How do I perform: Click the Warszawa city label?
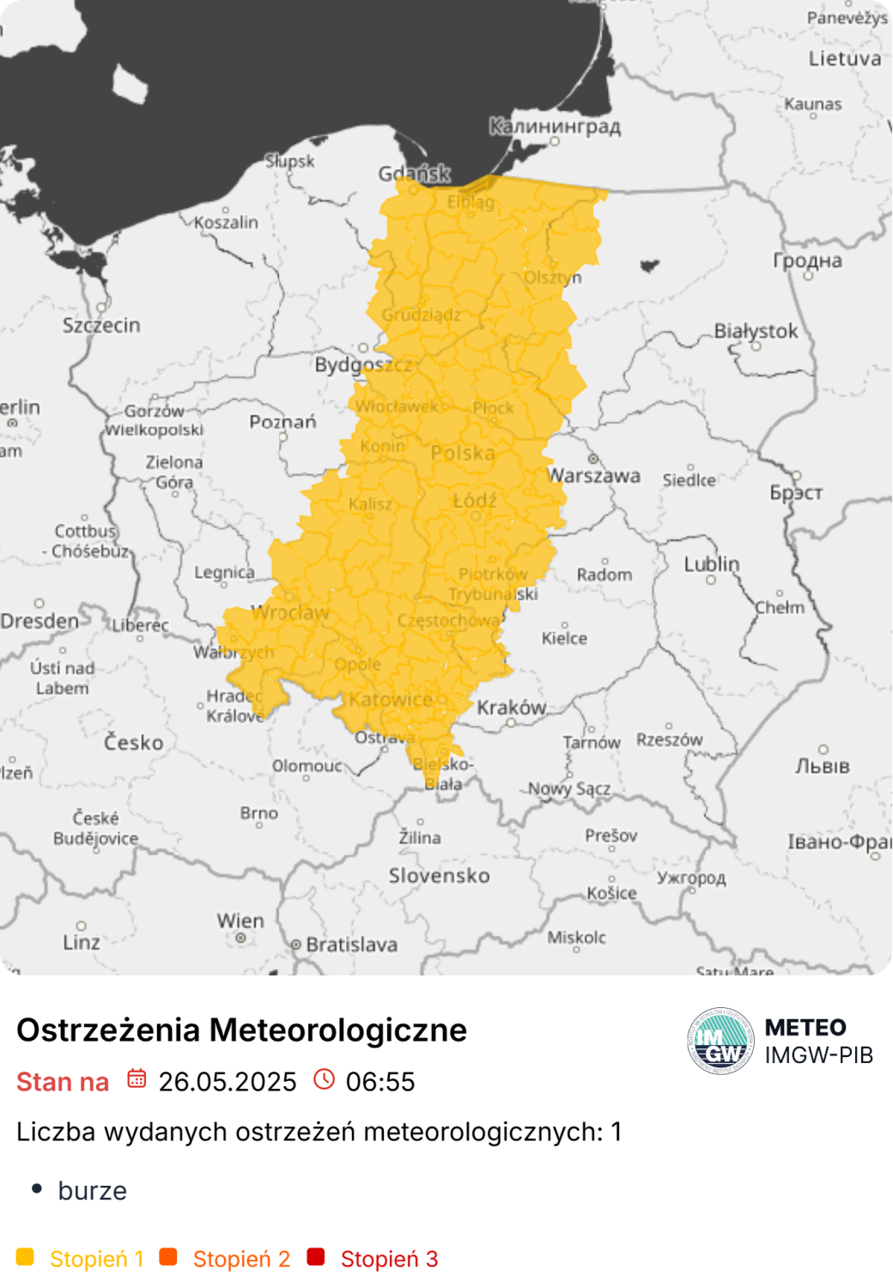click(x=593, y=476)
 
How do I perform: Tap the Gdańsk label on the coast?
click(x=414, y=173)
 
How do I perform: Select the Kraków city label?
click(x=512, y=708)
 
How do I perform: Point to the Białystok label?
click(x=756, y=331)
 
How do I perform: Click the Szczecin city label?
click(x=101, y=325)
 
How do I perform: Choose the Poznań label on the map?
click(x=282, y=422)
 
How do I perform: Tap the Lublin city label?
click(x=711, y=564)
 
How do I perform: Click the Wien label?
click(x=240, y=920)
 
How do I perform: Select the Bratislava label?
click(x=351, y=945)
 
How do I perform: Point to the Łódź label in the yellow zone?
click(x=475, y=500)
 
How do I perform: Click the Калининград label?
click(x=555, y=126)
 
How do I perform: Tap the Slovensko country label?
click(x=439, y=876)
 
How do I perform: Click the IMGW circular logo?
click(x=720, y=1041)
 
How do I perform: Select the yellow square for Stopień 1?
click(x=25, y=1257)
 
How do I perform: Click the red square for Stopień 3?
click(x=316, y=1257)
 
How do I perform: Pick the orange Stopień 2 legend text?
click(x=241, y=1259)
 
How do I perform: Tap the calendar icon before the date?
click(x=137, y=1078)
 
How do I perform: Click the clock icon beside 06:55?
click(x=324, y=1078)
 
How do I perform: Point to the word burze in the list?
click(x=92, y=1191)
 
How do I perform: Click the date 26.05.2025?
click(x=228, y=1082)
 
